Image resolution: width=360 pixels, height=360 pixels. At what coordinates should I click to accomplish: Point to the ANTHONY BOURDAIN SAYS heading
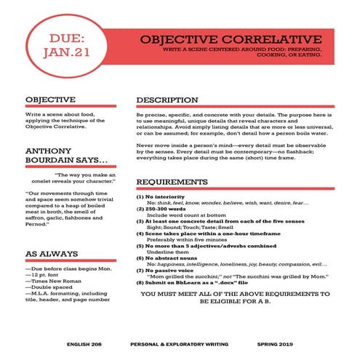[67, 156]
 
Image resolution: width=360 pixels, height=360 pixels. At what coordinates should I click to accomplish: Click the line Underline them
[167, 252]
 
